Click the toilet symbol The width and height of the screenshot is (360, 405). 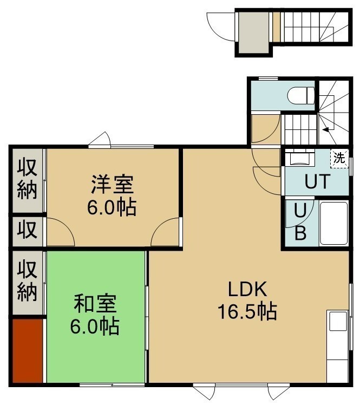pyautogui.click(x=301, y=96)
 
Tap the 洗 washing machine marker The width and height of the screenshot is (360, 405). pyautogui.click(x=339, y=158)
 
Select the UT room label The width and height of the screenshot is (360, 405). pyautogui.click(x=317, y=181)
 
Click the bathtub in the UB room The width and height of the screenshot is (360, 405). pyautogui.click(x=333, y=224)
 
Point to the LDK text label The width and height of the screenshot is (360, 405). pyautogui.click(x=247, y=289)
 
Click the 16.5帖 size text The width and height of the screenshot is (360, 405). pyautogui.click(x=247, y=311)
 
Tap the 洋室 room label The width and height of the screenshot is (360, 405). pyautogui.click(x=113, y=185)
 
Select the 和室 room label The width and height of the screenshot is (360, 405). pyautogui.click(x=95, y=303)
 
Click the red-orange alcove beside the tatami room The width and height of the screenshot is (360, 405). pyautogui.click(x=27, y=351)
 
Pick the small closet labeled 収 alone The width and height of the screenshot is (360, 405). pyautogui.click(x=27, y=231)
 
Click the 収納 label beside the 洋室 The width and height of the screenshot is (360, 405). pyautogui.click(x=27, y=180)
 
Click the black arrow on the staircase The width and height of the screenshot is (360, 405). pyautogui.click(x=326, y=129)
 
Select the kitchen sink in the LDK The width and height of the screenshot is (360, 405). pyautogui.click(x=338, y=321)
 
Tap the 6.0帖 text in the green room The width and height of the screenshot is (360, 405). pyautogui.click(x=95, y=326)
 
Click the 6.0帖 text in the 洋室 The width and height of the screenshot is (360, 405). pyautogui.click(x=112, y=207)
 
